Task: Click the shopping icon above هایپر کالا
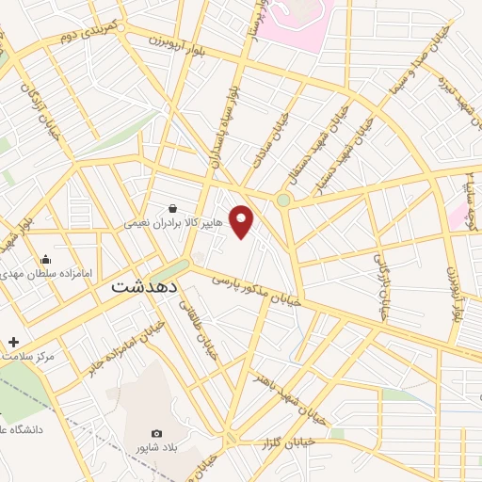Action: point(172,209)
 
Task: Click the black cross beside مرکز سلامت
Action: point(13,342)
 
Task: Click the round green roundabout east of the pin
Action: point(283,200)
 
